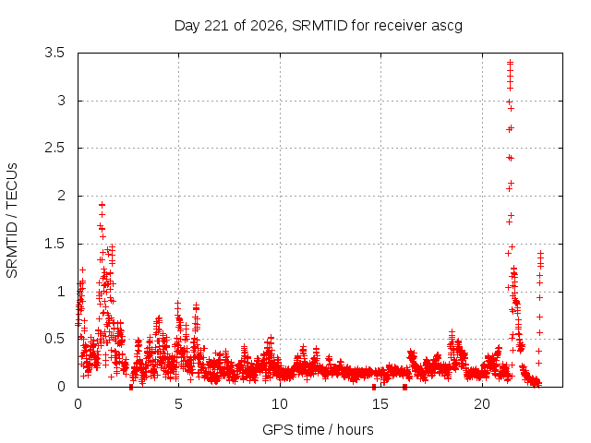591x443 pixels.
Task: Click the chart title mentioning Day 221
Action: pos(318,26)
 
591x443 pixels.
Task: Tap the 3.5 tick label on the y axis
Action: pos(54,53)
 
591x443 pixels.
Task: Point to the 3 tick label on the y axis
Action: pos(61,101)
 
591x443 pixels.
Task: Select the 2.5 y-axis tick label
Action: pos(54,148)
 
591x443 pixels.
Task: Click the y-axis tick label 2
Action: pos(61,196)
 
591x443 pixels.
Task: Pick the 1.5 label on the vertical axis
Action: pos(54,244)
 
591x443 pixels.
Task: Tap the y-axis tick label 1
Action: pos(61,292)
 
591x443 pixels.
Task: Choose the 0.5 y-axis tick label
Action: pos(54,339)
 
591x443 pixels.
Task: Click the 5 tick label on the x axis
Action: pos(178,404)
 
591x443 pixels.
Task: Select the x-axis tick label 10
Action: pos(280,404)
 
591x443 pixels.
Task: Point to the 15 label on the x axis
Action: pos(380,404)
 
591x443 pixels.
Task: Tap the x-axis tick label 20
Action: pos(482,404)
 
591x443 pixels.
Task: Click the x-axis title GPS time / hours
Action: pos(318,430)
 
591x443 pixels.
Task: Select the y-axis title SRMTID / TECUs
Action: pos(12,221)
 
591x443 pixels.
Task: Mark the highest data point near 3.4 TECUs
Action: pos(511,63)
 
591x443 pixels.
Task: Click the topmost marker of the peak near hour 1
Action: pos(102,205)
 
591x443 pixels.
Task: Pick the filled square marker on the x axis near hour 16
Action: pos(404,387)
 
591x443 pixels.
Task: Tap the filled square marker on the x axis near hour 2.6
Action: pos(131,387)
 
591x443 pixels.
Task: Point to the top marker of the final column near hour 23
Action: pos(540,253)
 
